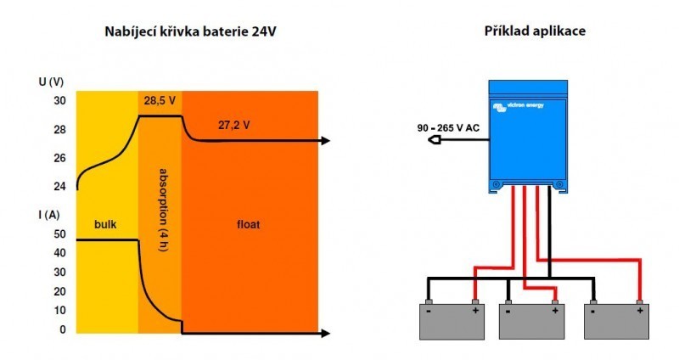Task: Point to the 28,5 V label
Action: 160,100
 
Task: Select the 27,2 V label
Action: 233,125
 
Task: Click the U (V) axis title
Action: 52,82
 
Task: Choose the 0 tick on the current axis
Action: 62,329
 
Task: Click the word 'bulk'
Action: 105,225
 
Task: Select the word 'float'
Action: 249,225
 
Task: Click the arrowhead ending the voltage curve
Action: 325,141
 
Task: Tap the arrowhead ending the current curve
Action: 325,333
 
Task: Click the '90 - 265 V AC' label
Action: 447,127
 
